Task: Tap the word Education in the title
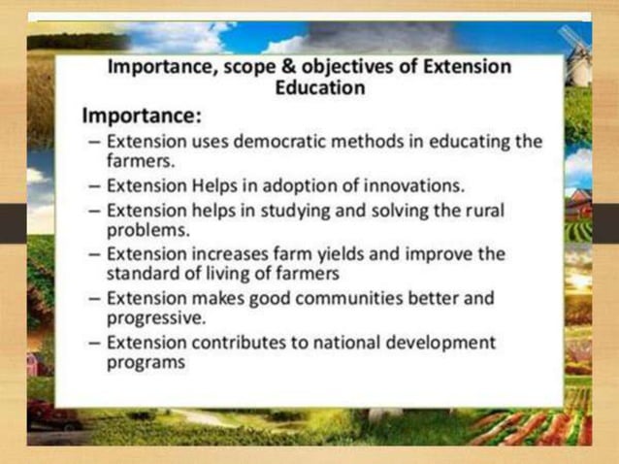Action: tap(321, 88)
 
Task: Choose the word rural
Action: tap(485, 209)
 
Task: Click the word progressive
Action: tap(156, 318)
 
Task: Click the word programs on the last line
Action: tap(145, 364)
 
